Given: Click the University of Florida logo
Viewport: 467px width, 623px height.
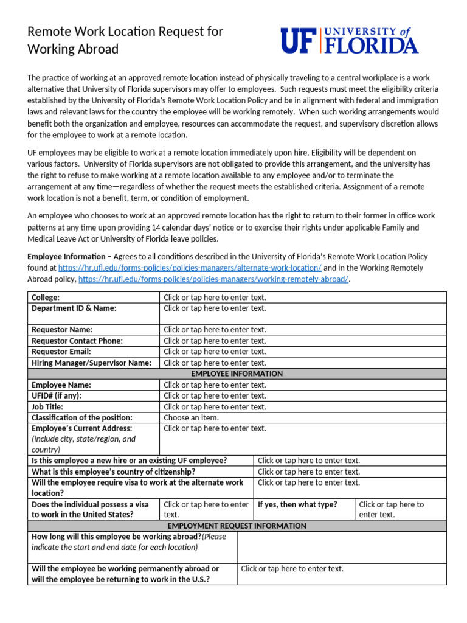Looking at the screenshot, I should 349,40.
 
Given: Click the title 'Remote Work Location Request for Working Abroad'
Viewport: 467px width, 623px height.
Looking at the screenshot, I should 125,40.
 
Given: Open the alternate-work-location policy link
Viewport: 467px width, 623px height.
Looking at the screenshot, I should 190,268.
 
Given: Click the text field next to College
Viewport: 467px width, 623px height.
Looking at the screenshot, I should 215,298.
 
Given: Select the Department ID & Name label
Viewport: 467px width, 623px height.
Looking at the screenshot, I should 74,308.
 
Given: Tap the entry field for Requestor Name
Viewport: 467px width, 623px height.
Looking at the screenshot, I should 215,330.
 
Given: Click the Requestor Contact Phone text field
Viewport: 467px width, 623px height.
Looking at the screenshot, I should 215,341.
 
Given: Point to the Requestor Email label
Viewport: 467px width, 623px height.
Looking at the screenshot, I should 61,352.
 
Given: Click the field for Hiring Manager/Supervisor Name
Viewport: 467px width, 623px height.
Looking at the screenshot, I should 215,363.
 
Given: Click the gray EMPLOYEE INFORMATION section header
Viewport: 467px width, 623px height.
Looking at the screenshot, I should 237,374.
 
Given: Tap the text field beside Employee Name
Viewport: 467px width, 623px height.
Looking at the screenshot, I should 215,385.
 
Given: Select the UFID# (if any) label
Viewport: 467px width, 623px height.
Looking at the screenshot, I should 57,395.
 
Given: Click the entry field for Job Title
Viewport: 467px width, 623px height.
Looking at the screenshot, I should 215,406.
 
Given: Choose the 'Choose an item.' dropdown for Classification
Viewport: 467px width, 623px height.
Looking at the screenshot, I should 192,417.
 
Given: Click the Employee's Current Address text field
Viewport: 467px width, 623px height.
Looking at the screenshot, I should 215,428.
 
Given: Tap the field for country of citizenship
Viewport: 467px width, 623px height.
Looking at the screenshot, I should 309,472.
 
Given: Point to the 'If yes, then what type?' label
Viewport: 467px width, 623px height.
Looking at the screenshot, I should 298,504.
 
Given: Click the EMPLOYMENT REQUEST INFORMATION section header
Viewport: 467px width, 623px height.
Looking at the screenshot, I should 237,526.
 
